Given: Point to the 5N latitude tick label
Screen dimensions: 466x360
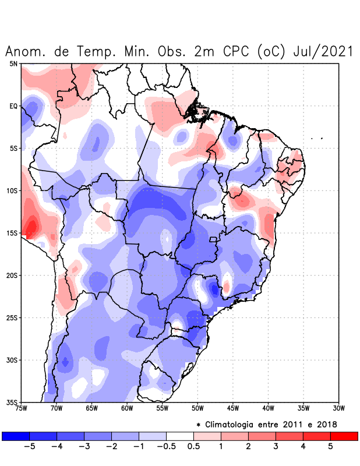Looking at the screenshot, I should point(13,63).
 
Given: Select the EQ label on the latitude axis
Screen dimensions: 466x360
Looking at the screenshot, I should point(13,106).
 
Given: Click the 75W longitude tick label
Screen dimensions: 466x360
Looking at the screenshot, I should point(22,408).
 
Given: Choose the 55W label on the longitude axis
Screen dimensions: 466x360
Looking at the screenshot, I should point(163,408).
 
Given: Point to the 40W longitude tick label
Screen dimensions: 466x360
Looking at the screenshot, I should point(268,408).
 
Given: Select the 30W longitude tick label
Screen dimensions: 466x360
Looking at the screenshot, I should point(338,408).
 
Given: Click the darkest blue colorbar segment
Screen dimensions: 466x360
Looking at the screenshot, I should point(16,436).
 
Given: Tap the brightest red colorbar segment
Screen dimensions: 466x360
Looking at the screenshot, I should point(344,436).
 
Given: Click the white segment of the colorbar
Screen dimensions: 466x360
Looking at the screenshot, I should point(180,436).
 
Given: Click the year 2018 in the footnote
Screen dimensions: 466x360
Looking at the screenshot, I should point(326,424).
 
